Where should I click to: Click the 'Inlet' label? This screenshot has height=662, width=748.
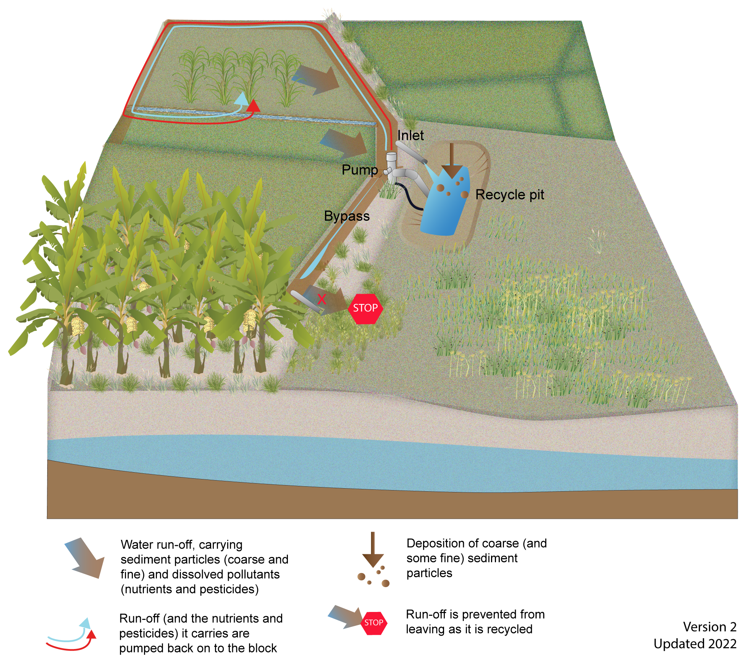pos(410,135)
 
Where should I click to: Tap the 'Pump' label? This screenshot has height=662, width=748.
pos(360,170)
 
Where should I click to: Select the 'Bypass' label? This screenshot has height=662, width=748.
pos(347,216)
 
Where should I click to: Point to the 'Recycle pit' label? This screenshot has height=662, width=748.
pos(509,195)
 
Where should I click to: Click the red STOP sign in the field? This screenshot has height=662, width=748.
pos(365,308)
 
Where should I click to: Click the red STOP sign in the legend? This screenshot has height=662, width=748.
pos(373,622)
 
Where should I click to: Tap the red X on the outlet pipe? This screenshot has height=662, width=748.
pos(321,299)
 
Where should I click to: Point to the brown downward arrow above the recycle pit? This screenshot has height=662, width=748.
pos(452,160)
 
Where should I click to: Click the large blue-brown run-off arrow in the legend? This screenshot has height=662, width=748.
pos(86,558)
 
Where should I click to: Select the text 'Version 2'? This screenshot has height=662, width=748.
pos(709,627)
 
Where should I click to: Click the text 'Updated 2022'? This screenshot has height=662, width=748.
pos(695,644)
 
